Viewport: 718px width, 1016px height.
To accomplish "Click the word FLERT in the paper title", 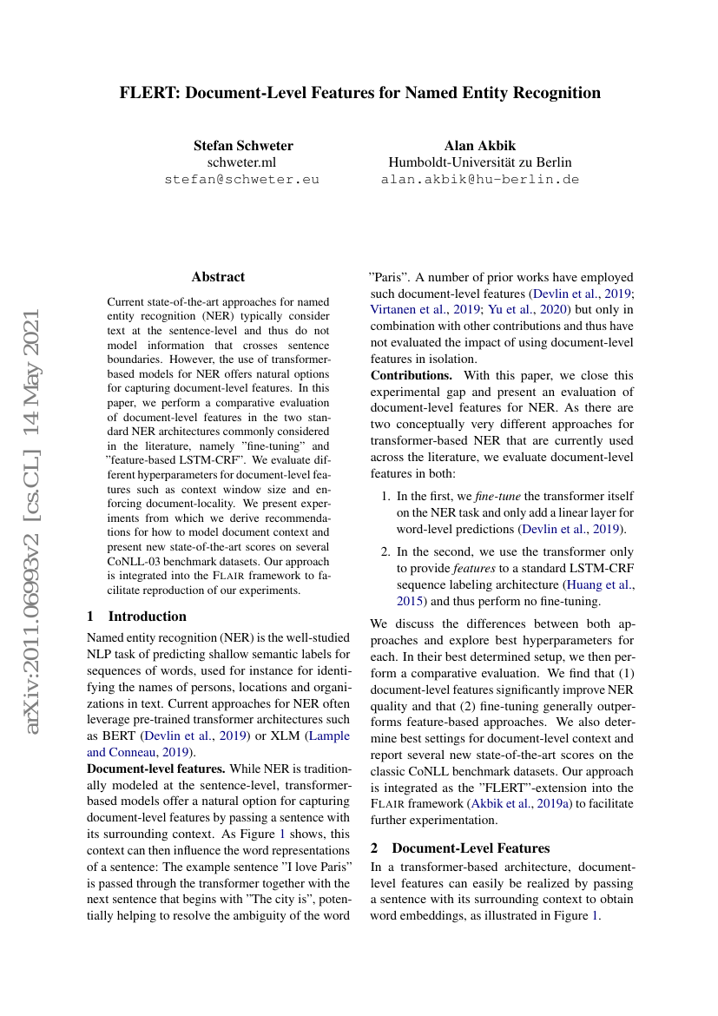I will coord(148,93).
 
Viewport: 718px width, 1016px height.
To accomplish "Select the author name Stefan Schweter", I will coord(243,145).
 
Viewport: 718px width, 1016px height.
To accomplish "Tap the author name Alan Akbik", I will coord(479,145).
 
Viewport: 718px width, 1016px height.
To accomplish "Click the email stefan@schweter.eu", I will coord(242,180).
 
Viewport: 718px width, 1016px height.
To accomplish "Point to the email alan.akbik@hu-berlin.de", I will coord(479,180).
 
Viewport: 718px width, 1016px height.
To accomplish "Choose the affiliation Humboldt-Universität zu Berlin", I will coord(479,162).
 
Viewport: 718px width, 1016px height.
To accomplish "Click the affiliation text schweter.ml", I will coord(242,162).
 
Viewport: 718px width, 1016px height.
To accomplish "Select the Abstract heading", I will coord(218,277).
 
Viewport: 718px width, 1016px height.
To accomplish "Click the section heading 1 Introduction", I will coord(136,617).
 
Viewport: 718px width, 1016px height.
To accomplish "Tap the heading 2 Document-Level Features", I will coord(460,848).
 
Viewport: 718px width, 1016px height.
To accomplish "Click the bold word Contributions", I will coord(412,376).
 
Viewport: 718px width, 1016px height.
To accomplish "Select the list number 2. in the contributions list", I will coord(387,551).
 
